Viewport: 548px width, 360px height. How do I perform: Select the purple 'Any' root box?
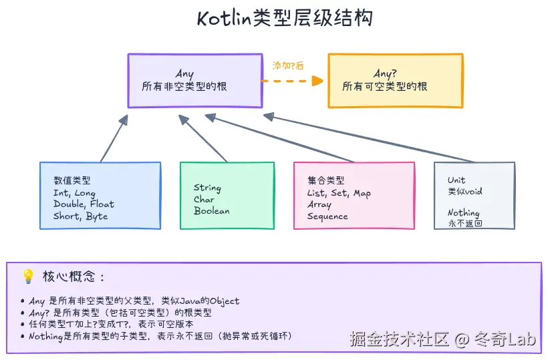click(x=194, y=81)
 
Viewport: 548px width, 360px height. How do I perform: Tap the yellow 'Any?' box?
click(x=394, y=81)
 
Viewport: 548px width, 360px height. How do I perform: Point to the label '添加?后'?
click(x=288, y=65)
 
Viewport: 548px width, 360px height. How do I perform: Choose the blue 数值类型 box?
click(x=100, y=196)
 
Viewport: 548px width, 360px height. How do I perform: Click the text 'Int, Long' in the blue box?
click(x=74, y=193)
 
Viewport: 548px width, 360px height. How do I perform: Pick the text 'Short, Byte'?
click(x=80, y=216)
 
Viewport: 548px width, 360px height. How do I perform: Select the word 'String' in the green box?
click(x=207, y=188)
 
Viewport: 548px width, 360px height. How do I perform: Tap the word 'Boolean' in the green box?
click(x=212, y=211)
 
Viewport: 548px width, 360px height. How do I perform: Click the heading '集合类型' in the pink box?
click(x=326, y=180)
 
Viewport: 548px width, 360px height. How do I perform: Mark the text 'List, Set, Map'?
click(x=339, y=193)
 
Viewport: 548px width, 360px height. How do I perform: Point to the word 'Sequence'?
click(x=327, y=216)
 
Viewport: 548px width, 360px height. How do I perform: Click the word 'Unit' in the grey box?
click(x=456, y=180)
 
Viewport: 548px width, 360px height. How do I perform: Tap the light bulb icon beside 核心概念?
click(x=28, y=276)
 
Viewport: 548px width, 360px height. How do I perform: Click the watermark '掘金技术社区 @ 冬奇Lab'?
click(x=443, y=339)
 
